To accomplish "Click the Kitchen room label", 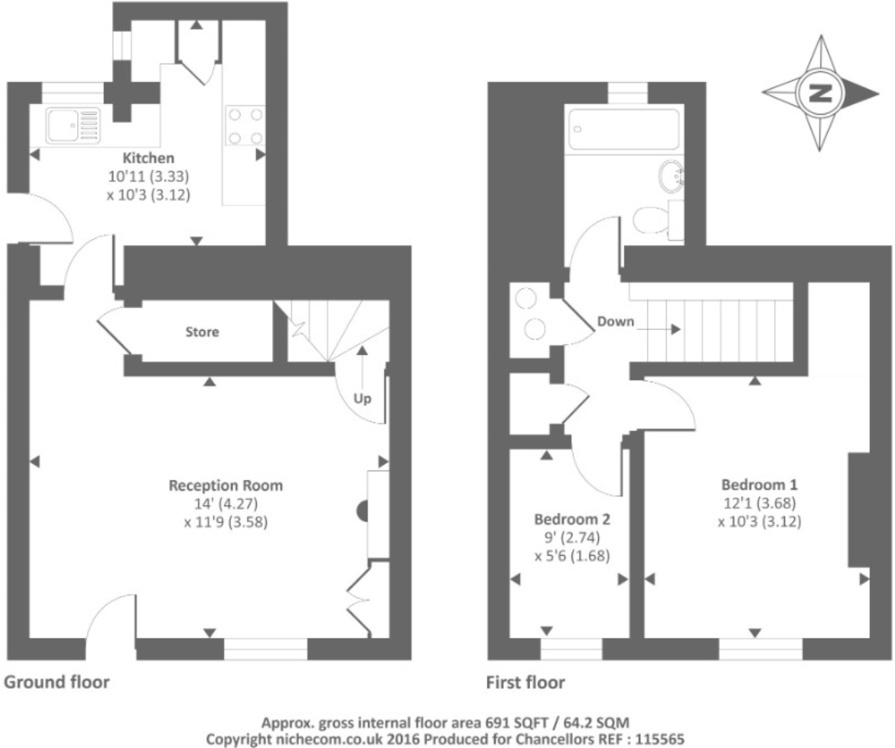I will click(148, 158).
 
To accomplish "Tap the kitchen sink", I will click(72, 125).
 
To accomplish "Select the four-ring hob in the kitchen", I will click(244, 126).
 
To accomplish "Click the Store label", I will click(202, 332).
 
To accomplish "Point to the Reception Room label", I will click(225, 486).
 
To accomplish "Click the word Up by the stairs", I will click(362, 399).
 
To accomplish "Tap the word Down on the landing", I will click(615, 322).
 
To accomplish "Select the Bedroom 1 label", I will click(759, 485).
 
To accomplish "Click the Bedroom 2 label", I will click(572, 519).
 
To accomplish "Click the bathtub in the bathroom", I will click(623, 129).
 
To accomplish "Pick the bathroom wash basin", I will click(671, 175).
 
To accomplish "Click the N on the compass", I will click(820, 93).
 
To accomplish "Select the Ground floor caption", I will click(57, 682).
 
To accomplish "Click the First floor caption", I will click(525, 682).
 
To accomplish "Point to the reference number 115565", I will click(659, 739).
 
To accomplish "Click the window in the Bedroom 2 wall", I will click(571, 650).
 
